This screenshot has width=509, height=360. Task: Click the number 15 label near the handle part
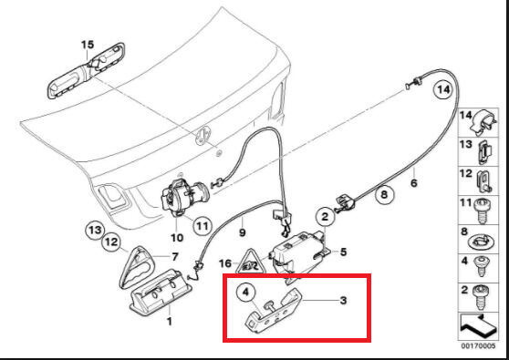click(88, 45)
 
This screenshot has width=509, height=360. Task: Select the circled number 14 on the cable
click(443, 89)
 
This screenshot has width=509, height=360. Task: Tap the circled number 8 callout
click(384, 195)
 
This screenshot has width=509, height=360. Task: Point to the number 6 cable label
click(414, 183)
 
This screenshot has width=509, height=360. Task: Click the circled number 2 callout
click(325, 217)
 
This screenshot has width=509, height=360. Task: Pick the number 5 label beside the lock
click(343, 252)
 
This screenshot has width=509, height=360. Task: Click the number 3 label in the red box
click(343, 301)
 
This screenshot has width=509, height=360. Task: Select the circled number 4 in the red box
click(245, 293)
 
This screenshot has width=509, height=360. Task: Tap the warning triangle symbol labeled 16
click(251, 262)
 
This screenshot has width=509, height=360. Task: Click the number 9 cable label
click(242, 232)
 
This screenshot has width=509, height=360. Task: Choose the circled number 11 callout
click(203, 225)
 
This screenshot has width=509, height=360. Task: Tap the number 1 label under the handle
click(169, 321)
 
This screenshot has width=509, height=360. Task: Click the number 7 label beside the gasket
click(175, 257)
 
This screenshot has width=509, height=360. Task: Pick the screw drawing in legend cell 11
click(483, 211)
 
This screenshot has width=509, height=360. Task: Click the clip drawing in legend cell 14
click(483, 123)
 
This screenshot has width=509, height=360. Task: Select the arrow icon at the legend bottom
click(479, 326)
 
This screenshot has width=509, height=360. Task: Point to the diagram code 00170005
click(479, 346)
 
